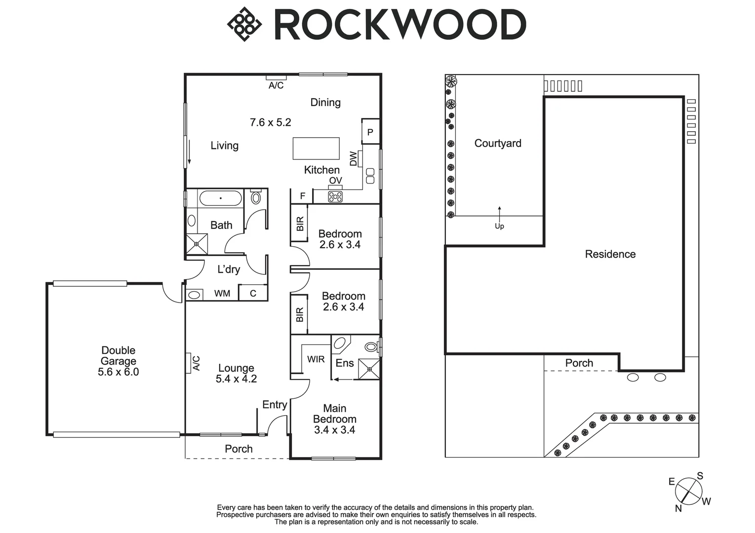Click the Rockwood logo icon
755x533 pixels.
pos(243,24)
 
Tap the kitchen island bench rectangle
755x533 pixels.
pos(316,148)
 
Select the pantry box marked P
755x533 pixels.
pos(370,132)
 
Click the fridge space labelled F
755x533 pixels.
pos(302,196)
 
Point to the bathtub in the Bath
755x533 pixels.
pos(220,198)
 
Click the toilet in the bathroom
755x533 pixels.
pos(256,198)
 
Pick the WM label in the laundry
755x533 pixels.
pos(222,294)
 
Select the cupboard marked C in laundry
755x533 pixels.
pos(253,293)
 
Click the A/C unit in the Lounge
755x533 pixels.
pos(189,363)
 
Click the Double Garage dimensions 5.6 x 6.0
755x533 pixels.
pos(119,372)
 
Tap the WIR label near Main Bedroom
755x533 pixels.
pos(316,359)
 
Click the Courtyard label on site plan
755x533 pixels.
pos(498,144)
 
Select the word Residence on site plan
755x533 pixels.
pos(610,254)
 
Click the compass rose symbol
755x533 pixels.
pos(689,491)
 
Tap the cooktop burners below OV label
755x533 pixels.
pos(335,197)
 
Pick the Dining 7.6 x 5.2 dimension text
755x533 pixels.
pos(271,122)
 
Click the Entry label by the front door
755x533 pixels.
pos(275,405)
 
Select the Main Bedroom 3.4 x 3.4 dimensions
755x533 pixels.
pos(334,430)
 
